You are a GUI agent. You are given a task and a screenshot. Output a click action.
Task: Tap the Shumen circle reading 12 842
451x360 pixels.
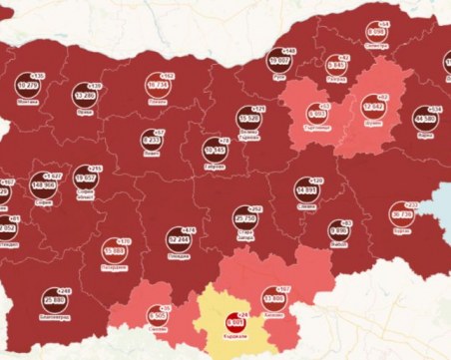click(373, 106)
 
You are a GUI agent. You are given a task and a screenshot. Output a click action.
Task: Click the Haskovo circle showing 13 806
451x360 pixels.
click(274, 298)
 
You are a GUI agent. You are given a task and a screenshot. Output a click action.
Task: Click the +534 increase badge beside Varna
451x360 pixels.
click(436, 109)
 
